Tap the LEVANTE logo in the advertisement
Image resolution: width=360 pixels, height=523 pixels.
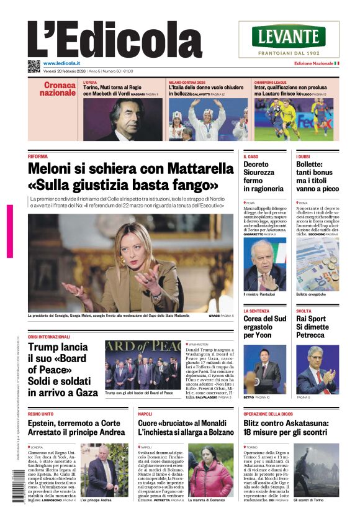pos(288,35)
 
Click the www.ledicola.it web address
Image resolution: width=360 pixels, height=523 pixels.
pos(64,63)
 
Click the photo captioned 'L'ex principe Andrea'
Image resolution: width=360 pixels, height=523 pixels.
pos(103,470)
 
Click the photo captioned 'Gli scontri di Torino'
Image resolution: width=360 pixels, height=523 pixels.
pos(316,470)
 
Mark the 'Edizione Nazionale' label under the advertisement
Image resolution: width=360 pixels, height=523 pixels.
pos(313,63)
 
